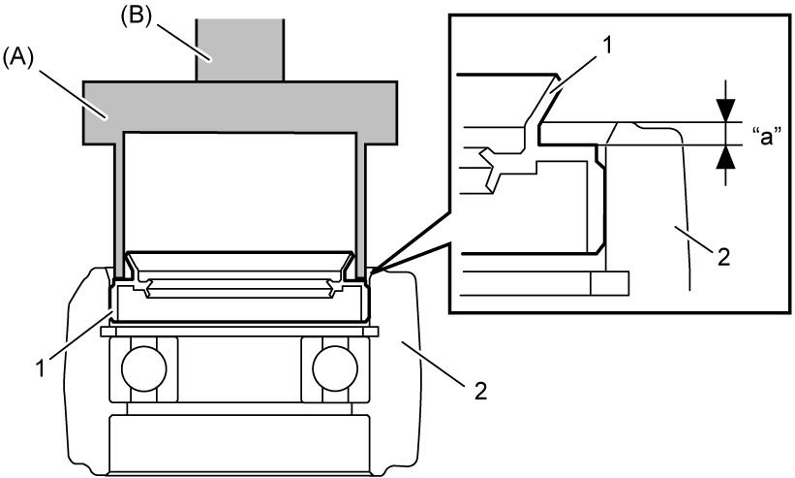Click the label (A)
(x=17, y=58)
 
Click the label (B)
(x=135, y=17)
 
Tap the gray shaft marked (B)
(x=240, y=49)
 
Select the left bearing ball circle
(x=144, y=368)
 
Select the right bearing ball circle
(x=335, y=368)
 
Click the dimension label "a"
(x=767, y=137)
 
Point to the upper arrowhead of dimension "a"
(x=726, y=111)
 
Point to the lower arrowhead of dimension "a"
(x=726, y=157)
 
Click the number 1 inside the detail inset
(x=607, y=47)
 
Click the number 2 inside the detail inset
(x=724, y=257)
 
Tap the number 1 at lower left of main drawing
(x=41, y=367)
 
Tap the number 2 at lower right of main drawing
(x=480, y=391)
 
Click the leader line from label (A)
(x=74, y=94)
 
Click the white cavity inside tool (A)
(x=240, y=192)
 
